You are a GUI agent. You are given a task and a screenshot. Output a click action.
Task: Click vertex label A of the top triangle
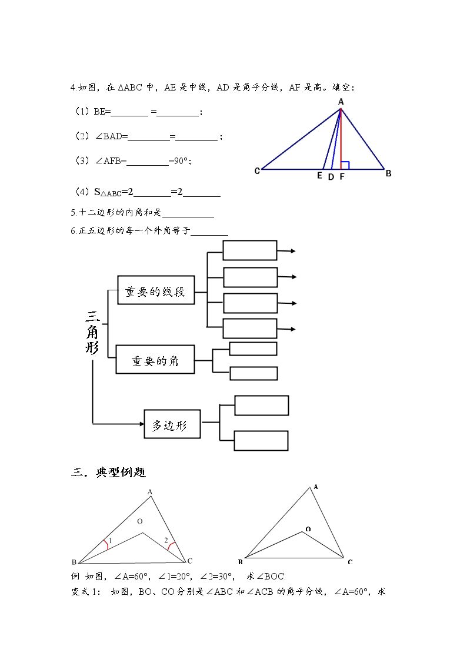tap(341, 102)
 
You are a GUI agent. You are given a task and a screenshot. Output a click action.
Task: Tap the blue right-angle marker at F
tap(345, 165)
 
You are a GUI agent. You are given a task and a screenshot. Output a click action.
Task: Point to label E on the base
tap(319, 176)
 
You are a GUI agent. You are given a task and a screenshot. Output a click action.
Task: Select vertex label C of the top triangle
tap(257, 171)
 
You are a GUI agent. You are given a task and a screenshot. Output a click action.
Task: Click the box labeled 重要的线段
tap(156, 290)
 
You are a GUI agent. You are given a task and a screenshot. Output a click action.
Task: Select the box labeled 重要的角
tap(155, 360)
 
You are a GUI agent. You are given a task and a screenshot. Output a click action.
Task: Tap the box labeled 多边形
tap(172, 424)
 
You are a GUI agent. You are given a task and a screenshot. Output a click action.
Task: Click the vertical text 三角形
tap(92, 332)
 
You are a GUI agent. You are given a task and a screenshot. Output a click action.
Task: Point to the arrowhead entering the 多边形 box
tap(142, 424)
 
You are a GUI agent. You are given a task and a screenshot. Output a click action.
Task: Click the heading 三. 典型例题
tap(108, 473)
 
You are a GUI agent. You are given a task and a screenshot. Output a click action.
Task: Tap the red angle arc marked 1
tap(106, 545)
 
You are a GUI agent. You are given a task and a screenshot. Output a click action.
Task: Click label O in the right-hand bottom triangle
tap(308, 529)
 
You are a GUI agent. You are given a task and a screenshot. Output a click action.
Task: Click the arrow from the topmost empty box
tap(286, 251)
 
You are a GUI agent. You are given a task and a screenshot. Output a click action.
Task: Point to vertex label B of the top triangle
tap(388, 173)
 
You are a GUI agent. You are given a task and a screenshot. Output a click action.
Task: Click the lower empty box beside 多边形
tap(261, 441)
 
